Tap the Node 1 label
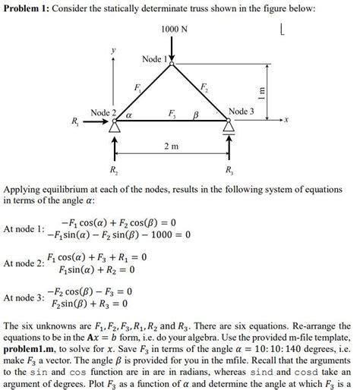click(155, 58)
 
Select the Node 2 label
click(104, 113)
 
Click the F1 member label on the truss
click(137, 88)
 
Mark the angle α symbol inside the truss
click(129, 115)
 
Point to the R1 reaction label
click(74, 121)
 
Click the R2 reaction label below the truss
click(114, 168)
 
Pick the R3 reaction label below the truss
click(229, 168)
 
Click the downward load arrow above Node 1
click(173, 49)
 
